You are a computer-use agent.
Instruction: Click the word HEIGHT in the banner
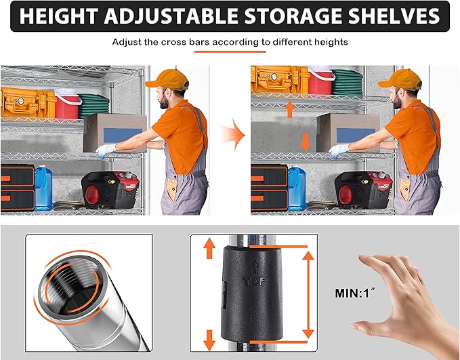pyautogui.click(x=59, y=16)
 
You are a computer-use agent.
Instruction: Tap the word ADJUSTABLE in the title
pyautogui.click(x=171, y=16)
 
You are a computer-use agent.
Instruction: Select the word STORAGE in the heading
pyautogui.click(x=293, y=16)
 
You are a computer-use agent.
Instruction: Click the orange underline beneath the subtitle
pyautogui.click(x=230, y=52)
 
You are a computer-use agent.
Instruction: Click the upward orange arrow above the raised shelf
pyautogui.click(x=289, y=109)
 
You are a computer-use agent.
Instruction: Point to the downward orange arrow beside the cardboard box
pyautogui.click(x=306, y=142)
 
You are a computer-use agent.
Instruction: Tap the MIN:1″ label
pyautogui.click(x=355, y=293)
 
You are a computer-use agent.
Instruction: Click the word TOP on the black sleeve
pyautogui.click(x=255, y=281)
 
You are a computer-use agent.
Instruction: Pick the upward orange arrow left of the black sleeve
pyautogui.click(x=209, y=248)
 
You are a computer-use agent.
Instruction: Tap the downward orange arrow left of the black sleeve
pyautogui.click(x=209, y=340)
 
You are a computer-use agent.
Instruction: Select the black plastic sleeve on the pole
pyautogui.click(x=252, y=294)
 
